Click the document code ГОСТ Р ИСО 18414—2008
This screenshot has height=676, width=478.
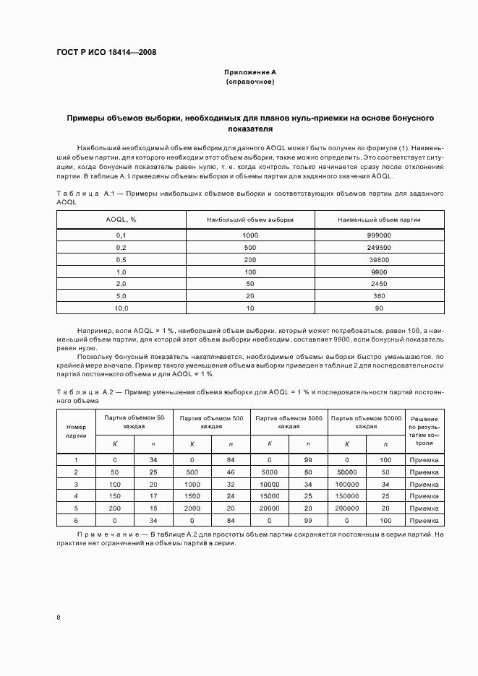pyautogui.click(x=106, y=53)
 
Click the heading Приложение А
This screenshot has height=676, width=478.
pyautogui.click(x=250, y=73)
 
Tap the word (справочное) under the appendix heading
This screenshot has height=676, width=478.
pyautogui.click(x=250, y=82)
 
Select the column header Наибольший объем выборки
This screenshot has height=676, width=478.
pyautogui.click(x=250, y=220)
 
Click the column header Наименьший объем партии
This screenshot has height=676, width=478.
pyautogui.click(x=379, y=220)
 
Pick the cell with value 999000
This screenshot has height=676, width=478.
pyautogui.click(x=379, y=235)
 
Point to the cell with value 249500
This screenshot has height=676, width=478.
pyautogui.click(x=379, y=247)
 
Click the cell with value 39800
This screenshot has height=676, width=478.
pyautogui.click(x=379, y=259)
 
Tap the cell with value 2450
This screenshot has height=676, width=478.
pyautogui.click(x=379, y=284)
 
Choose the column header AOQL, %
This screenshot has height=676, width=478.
pyautogui.click(x=121, y=220)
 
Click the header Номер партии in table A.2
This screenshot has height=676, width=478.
pyautogui.click(x=76, y=431)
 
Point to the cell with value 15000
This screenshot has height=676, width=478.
pyautogui.click(x=270, y=495)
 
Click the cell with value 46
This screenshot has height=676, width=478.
pyautogui.click(x=231, y=471)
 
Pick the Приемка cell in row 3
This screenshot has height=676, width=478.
pyautogui.click(x=424, y=483)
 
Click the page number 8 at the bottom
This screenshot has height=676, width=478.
pyautogui.click(x=59, y=617)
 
